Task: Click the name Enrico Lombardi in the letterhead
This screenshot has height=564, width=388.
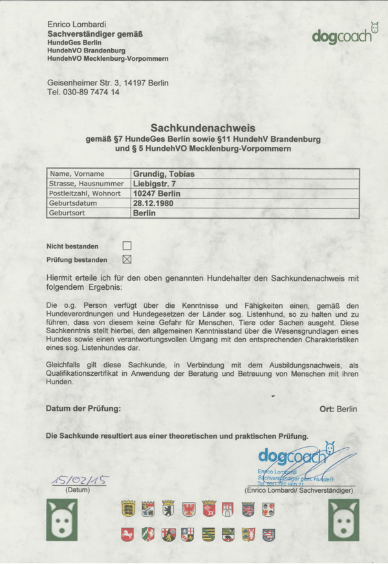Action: pyautogui.click(x=77, y=25)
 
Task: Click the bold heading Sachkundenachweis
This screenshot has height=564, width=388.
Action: pyautogui.click(x=203, y=129)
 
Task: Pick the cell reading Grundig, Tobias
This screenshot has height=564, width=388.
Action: pyautogui.click(x=164, y=174)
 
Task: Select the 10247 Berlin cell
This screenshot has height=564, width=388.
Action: pyautogui.click(x=156, y=193)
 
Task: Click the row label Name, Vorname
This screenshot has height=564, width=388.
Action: pyautogui.click(x=77, y=174)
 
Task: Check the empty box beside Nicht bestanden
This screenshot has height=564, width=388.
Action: pyautogui.click(x=127, y=246)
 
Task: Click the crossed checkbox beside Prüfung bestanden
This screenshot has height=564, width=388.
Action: pyautogui.click(x=127, y=259)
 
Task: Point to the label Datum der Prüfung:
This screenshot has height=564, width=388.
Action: pyautogui.click(x=83, y=409)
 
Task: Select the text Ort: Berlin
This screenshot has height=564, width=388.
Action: pyautogui.click(x=338, y=409)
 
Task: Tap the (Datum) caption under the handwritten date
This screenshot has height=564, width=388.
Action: pyautogui.click(x=78, y=491)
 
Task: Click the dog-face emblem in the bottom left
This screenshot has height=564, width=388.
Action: pyautogui.click(x=62, y=521)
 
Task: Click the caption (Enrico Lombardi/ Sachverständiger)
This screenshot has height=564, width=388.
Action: pyautogui.click(x=299, y=491)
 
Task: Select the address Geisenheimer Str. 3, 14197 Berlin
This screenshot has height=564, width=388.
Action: pyautogui.click(x=108, y=83)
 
